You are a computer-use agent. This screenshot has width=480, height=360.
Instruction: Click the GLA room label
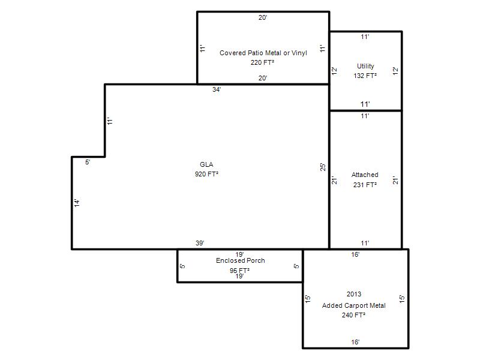[206, 164]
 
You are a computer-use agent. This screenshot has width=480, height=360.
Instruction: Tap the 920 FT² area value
[206, 174]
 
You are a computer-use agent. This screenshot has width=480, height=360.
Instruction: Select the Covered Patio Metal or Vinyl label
[263, 53]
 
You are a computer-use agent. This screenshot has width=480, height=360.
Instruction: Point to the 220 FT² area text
[262, 62]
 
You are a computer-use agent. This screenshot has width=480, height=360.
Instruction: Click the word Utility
[365, 66]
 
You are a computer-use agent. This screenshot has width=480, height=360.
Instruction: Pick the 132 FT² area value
[365, 76]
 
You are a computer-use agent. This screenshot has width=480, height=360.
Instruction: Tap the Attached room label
[365, 175]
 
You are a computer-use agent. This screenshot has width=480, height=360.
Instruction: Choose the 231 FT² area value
[365, 185]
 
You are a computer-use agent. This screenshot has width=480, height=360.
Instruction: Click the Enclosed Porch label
[241, 260]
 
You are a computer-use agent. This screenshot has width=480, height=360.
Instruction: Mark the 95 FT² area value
[239, 271]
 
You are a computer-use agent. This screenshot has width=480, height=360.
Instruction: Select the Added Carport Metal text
[353, 305]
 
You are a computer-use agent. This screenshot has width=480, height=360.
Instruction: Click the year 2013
[354, 294]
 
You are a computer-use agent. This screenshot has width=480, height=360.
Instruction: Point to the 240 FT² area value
[353, 315]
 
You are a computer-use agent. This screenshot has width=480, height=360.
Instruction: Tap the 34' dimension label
[217, 89]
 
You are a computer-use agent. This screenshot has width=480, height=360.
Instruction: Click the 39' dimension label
[200, 243]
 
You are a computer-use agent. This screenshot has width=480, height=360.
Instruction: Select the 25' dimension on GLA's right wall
[323, 167]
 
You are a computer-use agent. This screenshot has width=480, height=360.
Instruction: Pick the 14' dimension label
[77, 203]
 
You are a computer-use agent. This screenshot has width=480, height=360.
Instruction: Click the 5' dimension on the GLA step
[88, 162]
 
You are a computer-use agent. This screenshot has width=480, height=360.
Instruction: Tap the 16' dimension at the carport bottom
[355, 342]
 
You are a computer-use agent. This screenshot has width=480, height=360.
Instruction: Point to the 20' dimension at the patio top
[263, 18]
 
